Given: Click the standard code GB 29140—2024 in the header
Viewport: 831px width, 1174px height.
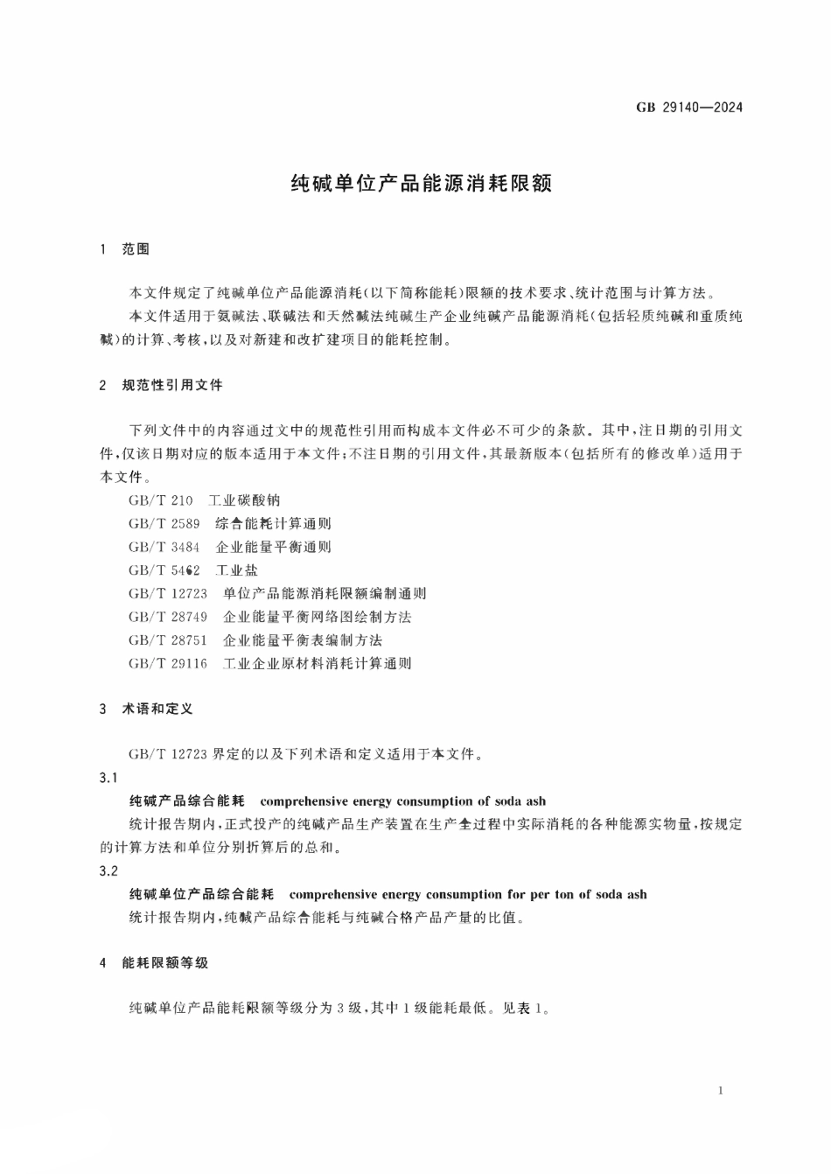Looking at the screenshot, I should pyautogui.click(x=689, y=108).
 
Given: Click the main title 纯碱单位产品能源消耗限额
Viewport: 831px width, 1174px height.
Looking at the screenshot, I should pyautogui.click(x=421, y=184).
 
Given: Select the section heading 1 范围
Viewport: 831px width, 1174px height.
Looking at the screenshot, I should pyautogui.click(x=125, y=249).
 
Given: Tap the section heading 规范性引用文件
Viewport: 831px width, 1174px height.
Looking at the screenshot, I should pyautogui.click(x=172, y=385).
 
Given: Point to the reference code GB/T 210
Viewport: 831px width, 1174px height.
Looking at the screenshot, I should pyautogui.click(x=160, y=500).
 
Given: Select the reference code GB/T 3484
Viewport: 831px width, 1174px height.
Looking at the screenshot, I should pyautogui.click(x=164, y=547).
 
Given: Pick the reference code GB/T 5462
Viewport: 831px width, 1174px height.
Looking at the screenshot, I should pyautogui.click(x=164, y=570).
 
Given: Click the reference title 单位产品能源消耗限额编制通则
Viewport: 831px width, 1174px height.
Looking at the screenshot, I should pyautogui.click(x=325, y=593).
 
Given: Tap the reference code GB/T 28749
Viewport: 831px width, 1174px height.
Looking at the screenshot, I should pyautogui.click(x=168, y=617).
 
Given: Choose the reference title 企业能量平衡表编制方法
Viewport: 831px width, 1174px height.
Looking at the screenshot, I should pyautogui.click(x=303, y=639).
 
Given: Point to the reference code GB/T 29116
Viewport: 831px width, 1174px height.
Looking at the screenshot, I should pyautogui.click(x=168, y=663).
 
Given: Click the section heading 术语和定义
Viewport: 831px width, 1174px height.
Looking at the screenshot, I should pyautogui.click(x=157, y=709).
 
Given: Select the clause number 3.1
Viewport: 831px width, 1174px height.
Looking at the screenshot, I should pyautogui.click(x=109, y=778).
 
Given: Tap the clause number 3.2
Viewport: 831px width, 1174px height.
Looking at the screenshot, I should pyautogui.click(x=109, y=870).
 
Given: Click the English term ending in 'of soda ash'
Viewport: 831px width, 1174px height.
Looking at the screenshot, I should pyautogui.click(x=403, y=801).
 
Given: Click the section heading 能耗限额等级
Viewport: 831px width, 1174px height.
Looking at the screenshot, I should pyautogui.click(x=165, y=963).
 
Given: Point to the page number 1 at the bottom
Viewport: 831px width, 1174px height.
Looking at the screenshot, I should pyautogui.click(x=719, y=1090).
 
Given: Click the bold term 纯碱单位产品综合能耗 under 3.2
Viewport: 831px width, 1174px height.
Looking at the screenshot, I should pyautogui.click(x=201, y=894).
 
